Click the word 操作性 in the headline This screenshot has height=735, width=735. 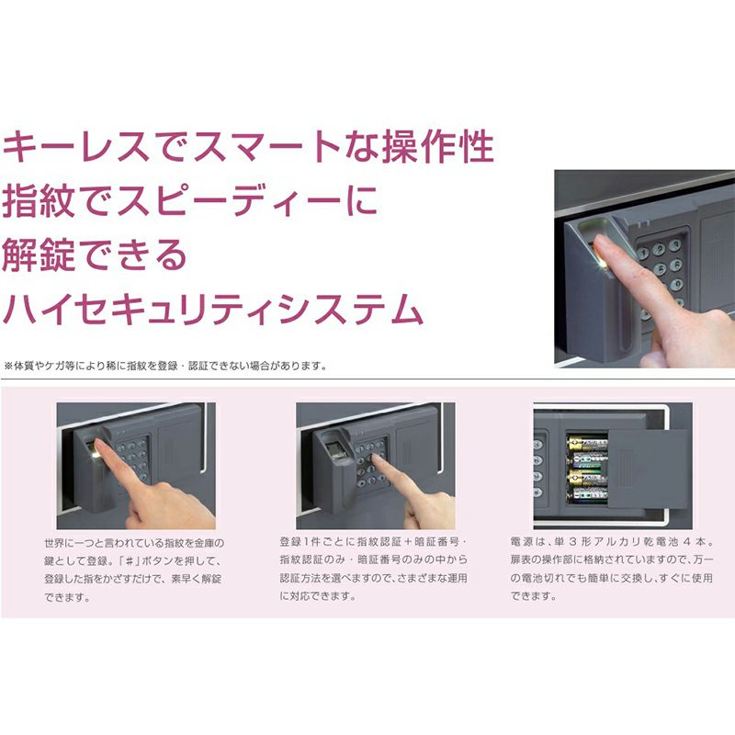pyautogui.click(x=438, y=146)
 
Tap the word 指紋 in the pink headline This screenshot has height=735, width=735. pyautogui.click(x=39, y=200)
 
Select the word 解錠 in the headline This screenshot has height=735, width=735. pyautogui.click(x=39, y=254)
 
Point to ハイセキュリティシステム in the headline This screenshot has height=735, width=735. pyautogui.click(x=213, y=309)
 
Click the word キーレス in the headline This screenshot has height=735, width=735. pyautogui.click(x=76, y=146)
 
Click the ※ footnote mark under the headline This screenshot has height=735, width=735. pyautogui.click(x=8, y=366)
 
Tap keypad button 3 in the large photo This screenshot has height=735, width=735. pyautogui.click(x=675, y=245)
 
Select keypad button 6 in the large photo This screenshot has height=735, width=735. pyautogui.click(x=676, y=266)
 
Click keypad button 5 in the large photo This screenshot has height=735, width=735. pyautogui.click(x=660, y=268)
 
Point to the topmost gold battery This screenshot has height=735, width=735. pyautogui.click(x=587, y=443)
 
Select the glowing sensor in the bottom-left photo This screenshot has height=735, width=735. pyautogui.click(x=96, y=454)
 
